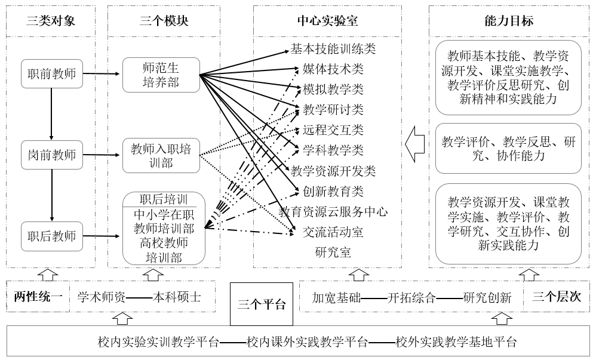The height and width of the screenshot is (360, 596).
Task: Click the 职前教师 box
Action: [52, 75]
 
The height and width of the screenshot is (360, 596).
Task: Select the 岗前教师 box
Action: [52, 155]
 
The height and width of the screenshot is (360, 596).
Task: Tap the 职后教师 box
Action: [52, 236]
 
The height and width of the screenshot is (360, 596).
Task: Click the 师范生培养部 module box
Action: [161, 75]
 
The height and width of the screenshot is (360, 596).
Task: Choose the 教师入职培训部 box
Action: [161, 155]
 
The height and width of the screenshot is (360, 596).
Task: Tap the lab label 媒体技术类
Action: [333, 69]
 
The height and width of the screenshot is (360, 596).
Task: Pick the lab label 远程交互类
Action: [333, 130]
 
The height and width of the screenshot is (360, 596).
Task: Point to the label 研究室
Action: [333, 252]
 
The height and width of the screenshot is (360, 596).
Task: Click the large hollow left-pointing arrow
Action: [414, 144]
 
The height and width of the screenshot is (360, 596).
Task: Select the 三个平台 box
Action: [262, 304]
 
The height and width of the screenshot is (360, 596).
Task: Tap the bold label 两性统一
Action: [38, 297]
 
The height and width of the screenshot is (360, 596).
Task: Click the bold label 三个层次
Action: [556, 297]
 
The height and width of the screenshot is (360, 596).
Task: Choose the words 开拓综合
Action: [411, 297]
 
